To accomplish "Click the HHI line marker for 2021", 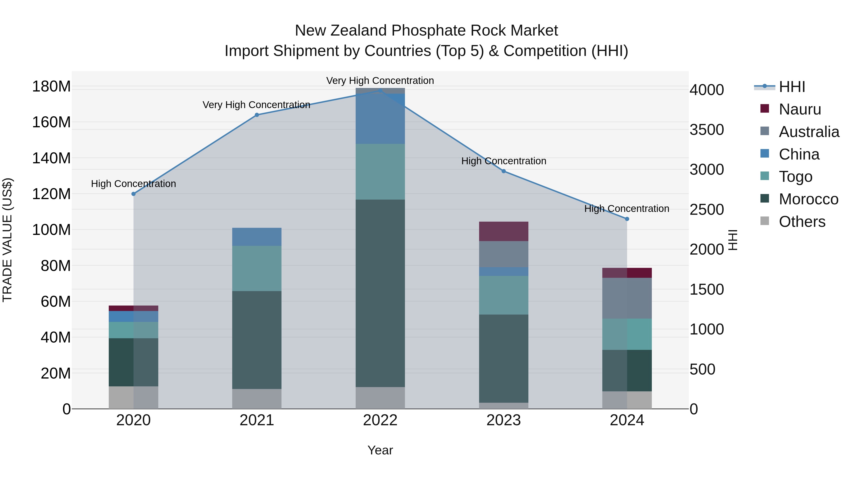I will coord(257,115).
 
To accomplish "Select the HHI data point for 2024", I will coord(627,219).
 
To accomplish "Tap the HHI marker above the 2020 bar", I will coord(133,194).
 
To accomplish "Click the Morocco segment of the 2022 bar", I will coord(380,293).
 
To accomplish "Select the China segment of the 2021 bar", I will coord(257,237).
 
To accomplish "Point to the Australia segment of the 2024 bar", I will coord(627,298).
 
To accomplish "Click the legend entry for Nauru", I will coord(799,109).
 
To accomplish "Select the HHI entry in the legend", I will coord(791,87).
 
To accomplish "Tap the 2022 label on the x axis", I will coord(380,420).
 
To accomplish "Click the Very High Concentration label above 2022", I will coord(380,81).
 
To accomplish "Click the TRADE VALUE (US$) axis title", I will coord(7,240).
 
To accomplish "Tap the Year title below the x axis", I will coord(380,450).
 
